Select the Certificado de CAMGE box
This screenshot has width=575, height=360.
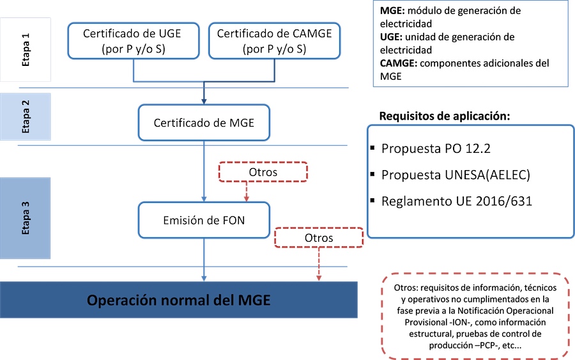(x=275, y=41)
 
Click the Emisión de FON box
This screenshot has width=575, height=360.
(x=204, y=221)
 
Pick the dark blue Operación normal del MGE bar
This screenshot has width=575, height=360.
(x=178, y=300)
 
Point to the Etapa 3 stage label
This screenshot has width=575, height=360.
(x=26, y=217)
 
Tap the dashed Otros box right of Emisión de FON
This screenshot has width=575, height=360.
(x=318, y=237)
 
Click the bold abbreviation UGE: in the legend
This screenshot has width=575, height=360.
(x=392, y=37)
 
